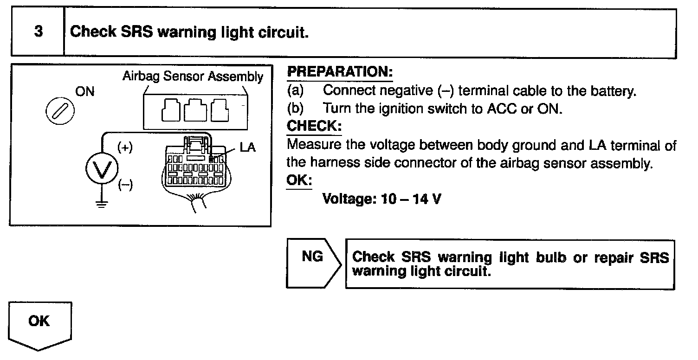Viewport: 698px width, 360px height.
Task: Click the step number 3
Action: click(x=39, y=32)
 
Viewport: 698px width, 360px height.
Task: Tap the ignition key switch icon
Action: click(x=60, y=113)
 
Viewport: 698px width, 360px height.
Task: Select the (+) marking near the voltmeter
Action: click(x=124, y=148)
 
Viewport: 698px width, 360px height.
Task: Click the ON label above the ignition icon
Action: click(x=85, y=91)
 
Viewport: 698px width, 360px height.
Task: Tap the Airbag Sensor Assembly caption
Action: click(x=193, y=77)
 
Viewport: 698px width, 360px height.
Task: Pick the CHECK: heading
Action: click(x=314, y=126)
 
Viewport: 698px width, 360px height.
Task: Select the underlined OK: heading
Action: click(x=299, y=180)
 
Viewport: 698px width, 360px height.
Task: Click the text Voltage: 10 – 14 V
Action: click(x=381, y=199)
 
